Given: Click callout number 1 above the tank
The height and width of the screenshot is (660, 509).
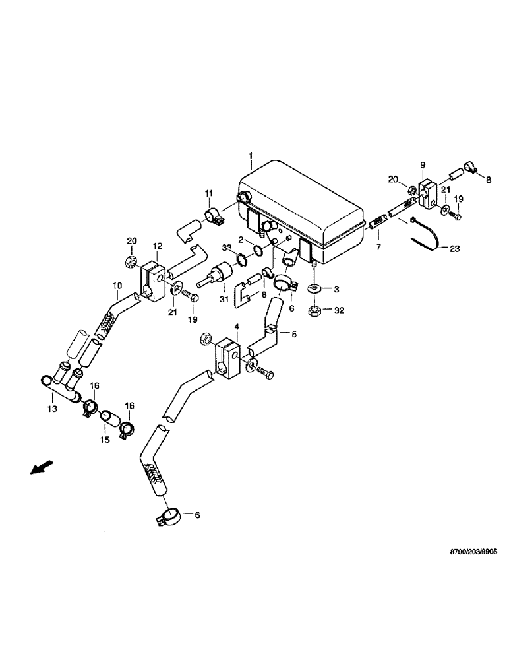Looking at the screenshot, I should [x=251, y=156].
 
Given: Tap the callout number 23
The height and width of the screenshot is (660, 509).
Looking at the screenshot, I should [x=455, y=249].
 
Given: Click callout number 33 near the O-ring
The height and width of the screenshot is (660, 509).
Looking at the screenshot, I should [x=227, y=247].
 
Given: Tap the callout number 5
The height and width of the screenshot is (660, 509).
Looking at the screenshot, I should [x=294, y=334].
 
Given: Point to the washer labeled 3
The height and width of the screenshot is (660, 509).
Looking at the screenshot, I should [x=314, y=289].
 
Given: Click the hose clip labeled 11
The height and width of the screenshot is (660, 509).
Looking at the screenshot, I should [x=214, y=216].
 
